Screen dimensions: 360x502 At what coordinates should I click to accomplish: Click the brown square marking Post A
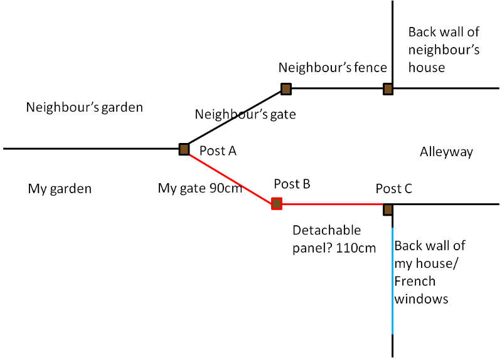tap(184, 149)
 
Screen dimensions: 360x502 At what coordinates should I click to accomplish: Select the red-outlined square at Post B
tap(276, 203)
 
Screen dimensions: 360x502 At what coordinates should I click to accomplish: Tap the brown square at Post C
tap(388, 209)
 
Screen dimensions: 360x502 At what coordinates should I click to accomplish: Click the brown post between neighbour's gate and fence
tap(286, 88)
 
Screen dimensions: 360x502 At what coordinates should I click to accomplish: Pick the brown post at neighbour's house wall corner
tap(388, 88)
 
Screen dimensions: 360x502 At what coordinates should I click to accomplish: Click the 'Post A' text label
tap(217, 151)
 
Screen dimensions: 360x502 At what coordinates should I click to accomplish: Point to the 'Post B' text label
tap(292, 184)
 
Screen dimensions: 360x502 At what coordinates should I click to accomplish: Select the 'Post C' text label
tap(393, 188)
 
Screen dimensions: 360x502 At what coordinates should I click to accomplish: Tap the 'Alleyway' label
tap(446, 152)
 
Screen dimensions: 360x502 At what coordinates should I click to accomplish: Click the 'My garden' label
tap(60, 188)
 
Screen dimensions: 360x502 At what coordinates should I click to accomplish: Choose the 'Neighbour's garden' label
tap(84, 107)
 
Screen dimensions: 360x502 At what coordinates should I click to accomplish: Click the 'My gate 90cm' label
tap(200, 188)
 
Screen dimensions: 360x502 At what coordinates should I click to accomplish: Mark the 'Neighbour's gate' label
tap(245, 114)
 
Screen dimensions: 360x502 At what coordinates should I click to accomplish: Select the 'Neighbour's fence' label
tap(332, 67)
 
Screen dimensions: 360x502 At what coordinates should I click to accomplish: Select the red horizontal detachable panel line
tap(333, 204)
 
